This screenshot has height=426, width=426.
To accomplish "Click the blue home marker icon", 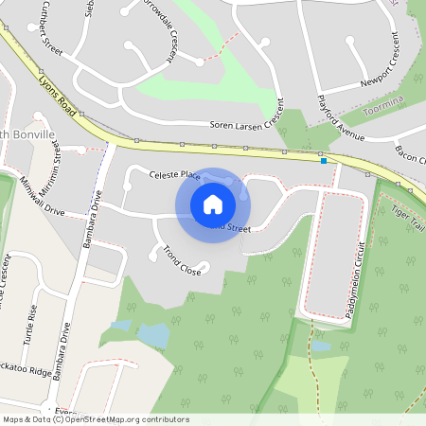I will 213,204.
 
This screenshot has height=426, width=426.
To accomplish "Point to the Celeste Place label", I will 175,174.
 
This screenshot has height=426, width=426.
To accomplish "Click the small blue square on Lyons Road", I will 324,161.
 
